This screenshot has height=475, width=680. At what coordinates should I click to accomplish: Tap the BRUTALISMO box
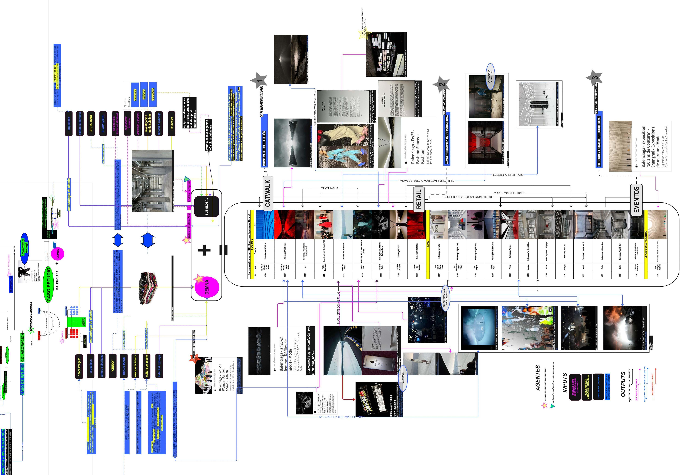click(91, 124)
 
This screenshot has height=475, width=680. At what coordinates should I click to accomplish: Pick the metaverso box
click(171, 124)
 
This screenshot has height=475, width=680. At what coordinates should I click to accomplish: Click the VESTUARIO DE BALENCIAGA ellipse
click(491, 76)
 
